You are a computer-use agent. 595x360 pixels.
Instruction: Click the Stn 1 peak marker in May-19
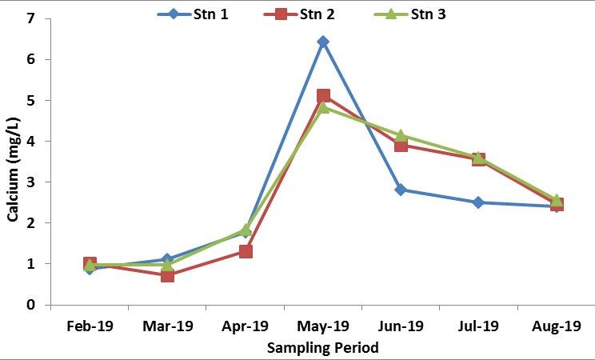pos(322,42)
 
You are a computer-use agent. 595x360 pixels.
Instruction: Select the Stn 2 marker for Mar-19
pos(167,275)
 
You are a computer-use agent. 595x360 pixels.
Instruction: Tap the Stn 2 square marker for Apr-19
pos(246,251)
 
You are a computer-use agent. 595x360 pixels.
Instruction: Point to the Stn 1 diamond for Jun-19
pos(401,190)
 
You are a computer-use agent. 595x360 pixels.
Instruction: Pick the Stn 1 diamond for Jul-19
pos(478,202)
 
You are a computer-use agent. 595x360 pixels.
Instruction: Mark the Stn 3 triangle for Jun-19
pos(401,136)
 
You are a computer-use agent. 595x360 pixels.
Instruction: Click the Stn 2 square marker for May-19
pos(323,96)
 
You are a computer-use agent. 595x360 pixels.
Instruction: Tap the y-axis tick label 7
pos(31,18)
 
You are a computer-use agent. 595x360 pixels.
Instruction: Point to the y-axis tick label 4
pos(31,142)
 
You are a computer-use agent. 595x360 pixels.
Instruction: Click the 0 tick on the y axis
pos(31,305)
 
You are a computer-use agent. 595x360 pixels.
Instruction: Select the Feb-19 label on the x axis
pos(90,326)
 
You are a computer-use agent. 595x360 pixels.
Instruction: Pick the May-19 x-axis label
pos(323,326)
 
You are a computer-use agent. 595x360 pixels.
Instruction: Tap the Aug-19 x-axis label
pos(556,326)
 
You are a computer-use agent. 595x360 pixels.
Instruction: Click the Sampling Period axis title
pos(322,348)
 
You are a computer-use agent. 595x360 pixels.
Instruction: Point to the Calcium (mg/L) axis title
pos(13,169)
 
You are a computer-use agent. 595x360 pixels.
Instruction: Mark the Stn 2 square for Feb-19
pos(90,264)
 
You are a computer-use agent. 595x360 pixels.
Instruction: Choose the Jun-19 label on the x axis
pos(401,326)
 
